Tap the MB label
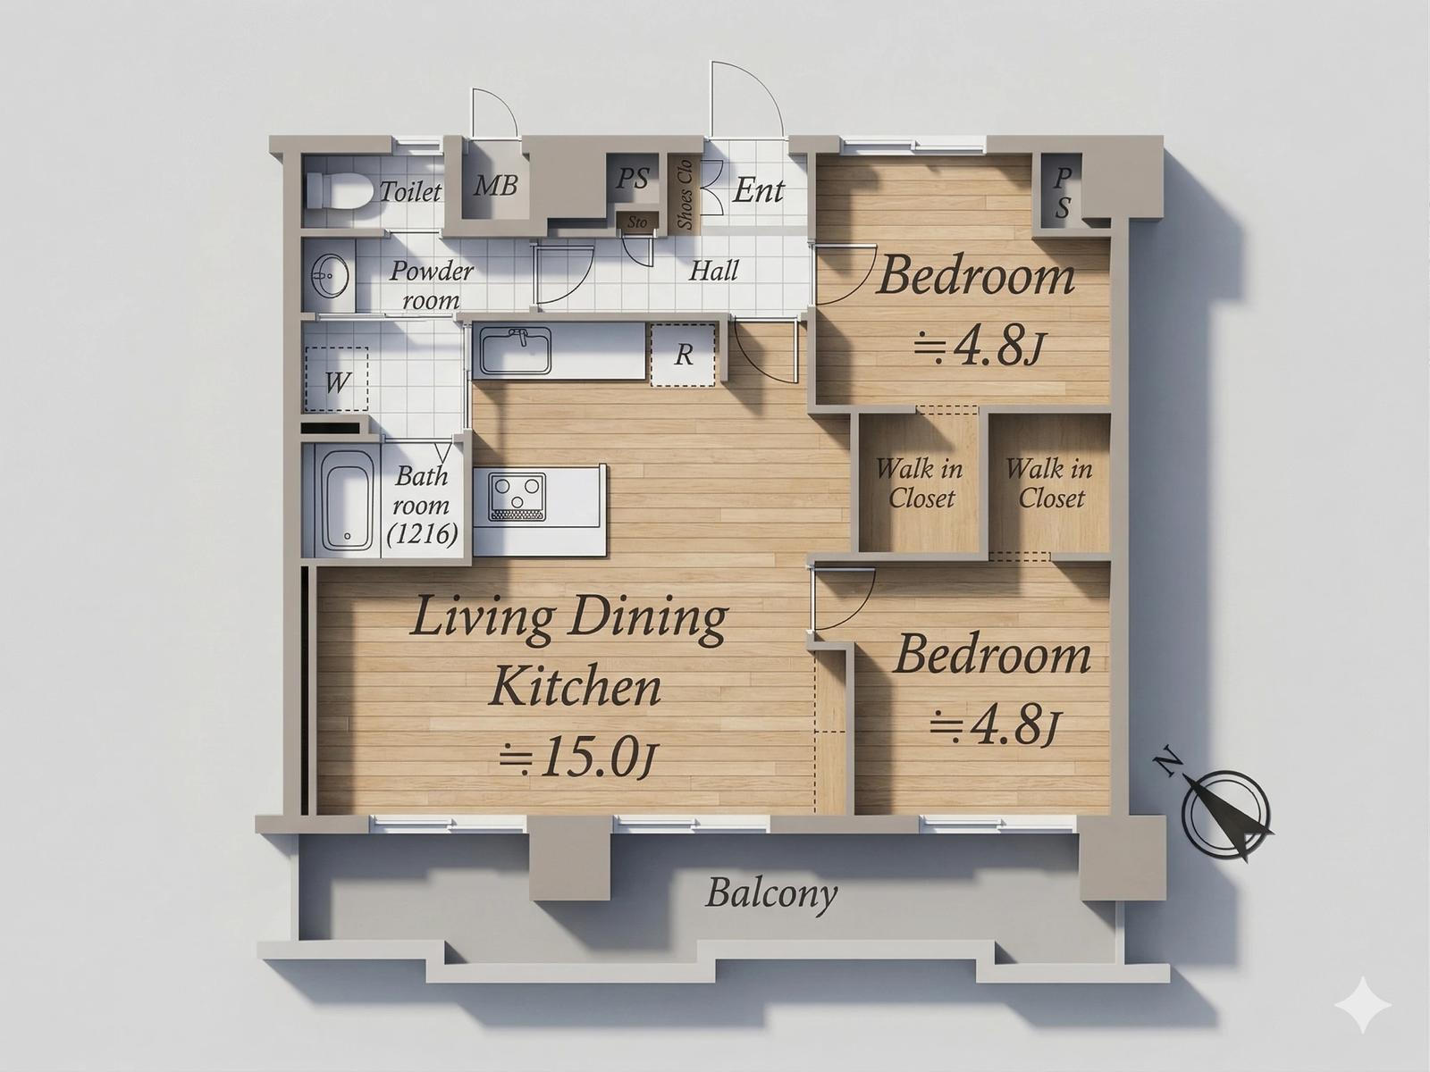[495, 186]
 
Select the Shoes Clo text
[685, 195]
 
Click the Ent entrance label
[758, 190]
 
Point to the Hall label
[714, 271]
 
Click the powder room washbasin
[330, 275]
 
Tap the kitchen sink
[516, 351]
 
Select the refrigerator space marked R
[683, 356]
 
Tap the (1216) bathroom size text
[423, 534]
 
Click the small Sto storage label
[637, 222]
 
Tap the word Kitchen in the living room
[576, 689]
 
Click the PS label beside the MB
[634, 179]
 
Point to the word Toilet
[409, 192]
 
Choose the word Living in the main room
[484, 619]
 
